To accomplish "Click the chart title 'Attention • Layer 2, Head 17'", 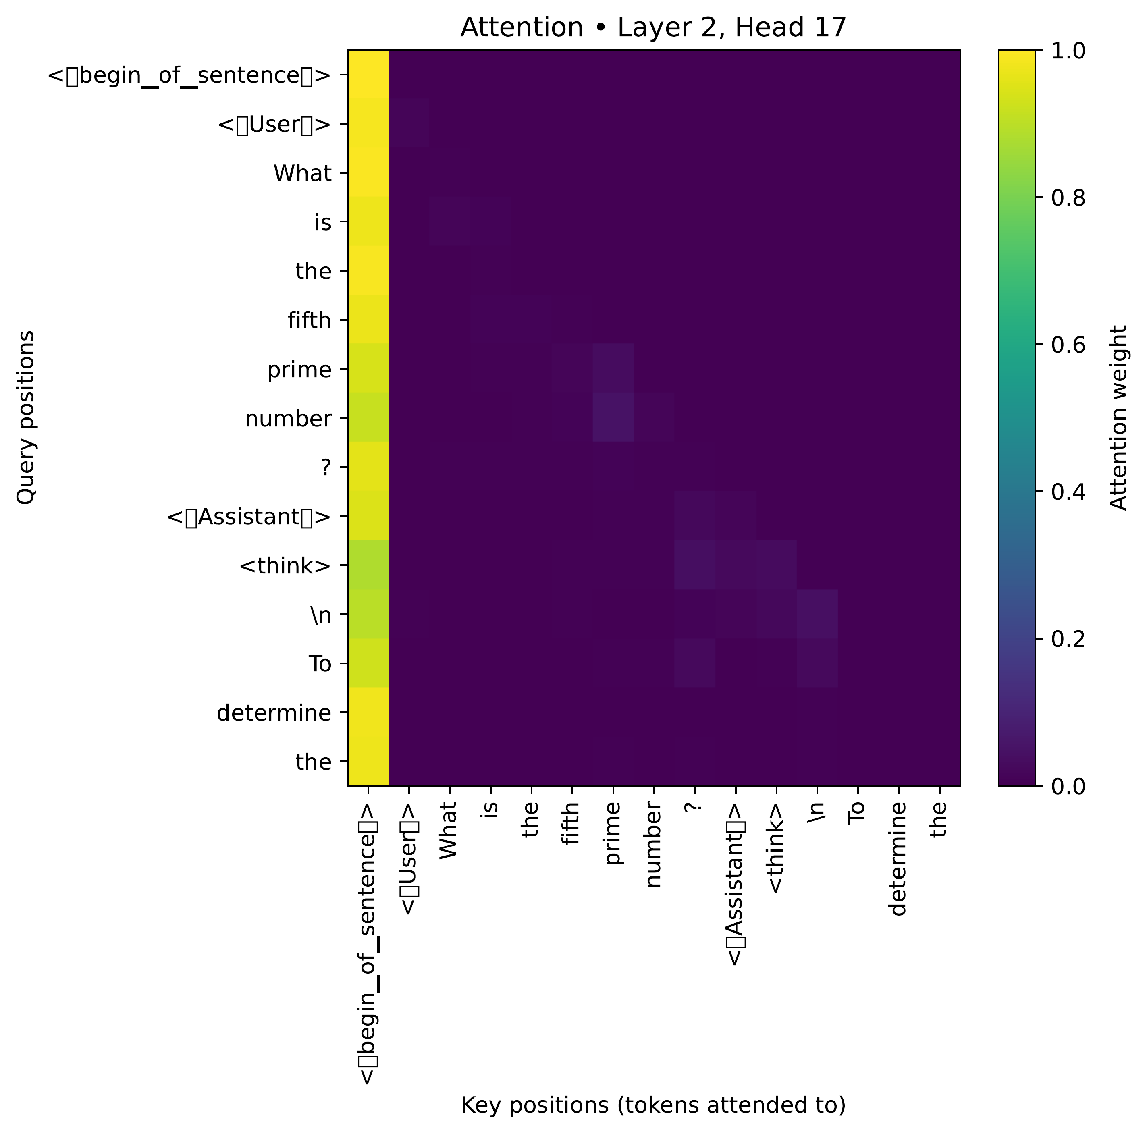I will [653, 28].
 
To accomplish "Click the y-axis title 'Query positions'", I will [25, 417].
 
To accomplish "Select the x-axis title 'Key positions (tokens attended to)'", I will [653, 1105].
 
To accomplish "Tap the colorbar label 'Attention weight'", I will [1118, 417].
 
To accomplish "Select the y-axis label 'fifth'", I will [309, 321].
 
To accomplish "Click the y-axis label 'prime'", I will [299, 370].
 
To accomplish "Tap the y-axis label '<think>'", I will [285, 566].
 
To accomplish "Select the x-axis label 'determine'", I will [898, 858].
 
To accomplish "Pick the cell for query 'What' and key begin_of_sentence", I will [368, 173].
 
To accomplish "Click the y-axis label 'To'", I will [320, 664].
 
